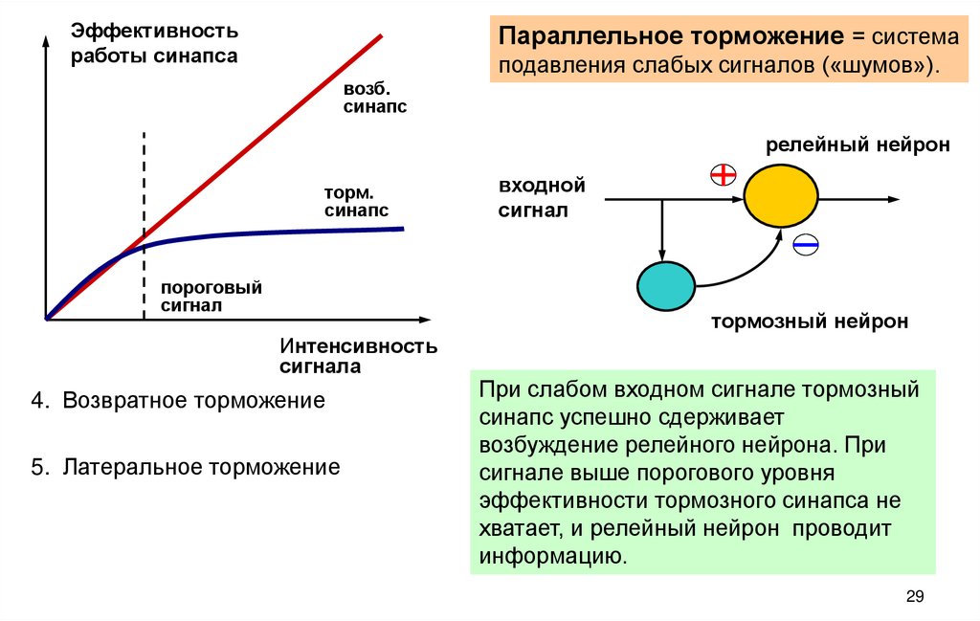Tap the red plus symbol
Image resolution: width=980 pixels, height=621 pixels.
tap(723, 173)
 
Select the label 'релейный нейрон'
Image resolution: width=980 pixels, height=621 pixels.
tap(857, 145)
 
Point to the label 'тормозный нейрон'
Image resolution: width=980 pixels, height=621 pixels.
tap(809, 322)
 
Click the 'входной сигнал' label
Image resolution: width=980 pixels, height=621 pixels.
tap(541, 198)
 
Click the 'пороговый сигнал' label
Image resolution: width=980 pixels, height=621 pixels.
tap(212, 296)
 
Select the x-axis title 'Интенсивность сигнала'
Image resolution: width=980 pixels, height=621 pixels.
tap(358, 355)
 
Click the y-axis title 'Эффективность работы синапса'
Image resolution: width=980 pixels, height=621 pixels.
tap(153, 42)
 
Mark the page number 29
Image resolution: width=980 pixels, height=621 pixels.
tap(914, 597)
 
